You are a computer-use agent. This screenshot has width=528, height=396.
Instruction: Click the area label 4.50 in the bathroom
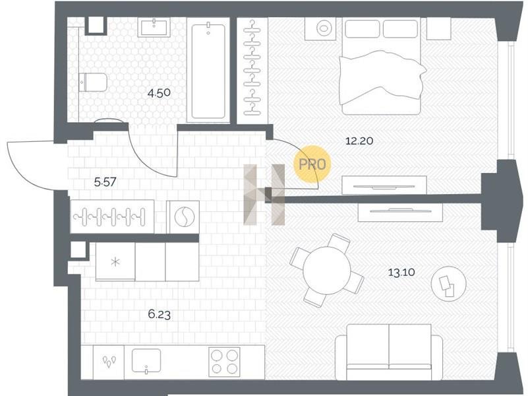pyautogui.click(x=159, y=92)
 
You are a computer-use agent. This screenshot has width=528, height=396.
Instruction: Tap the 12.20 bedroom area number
pyautogui.click(x=359, y=141)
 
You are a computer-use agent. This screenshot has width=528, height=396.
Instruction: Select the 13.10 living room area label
pyautogui.click(x=401, y=273)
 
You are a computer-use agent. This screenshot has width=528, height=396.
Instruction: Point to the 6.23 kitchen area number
pyautogui.click(x=160, y=315)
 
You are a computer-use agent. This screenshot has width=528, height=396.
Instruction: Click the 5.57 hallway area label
pyautogui.click(x=105, y=182)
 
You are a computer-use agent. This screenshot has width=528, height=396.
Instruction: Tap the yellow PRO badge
pyautogui.click(x=312, y=165)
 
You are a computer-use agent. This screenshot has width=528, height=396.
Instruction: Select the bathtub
pyautogui.click(x=208, y=71)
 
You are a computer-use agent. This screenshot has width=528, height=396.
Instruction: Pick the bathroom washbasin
pyautogui.click(x=154, y=28)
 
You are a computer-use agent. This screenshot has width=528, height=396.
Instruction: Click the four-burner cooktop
pyautogui.click(x=224, y=362)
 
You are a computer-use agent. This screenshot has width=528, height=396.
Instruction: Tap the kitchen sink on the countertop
pyautogui.click(x=146, y=360)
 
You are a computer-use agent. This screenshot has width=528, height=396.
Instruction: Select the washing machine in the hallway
pyautogui.click(x=183, y=217)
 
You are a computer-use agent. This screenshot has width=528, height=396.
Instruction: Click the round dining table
pyautogui.click(x=327, y=271)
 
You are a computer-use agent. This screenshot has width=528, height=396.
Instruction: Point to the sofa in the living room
pyautogui.click(x=389, y=352)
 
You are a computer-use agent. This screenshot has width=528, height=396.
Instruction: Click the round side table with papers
pyautogui.click(x=449, y=283)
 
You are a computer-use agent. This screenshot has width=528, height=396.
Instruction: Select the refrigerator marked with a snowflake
pyautogui.click(x=115, y=261)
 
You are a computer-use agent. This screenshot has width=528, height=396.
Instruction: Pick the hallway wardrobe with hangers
pyautogui.click(x=113, y=216)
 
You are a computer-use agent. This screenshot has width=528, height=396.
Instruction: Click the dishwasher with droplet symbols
pyautogui.click(x=109, y=361)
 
